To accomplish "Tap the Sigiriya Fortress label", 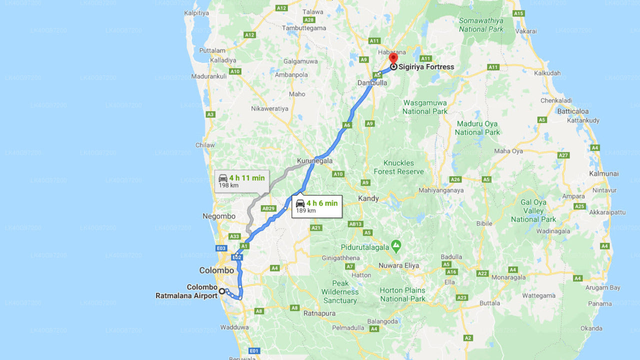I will coord(426,66).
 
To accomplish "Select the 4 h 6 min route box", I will coord(317,206).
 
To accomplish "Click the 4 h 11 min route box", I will coord(242,181).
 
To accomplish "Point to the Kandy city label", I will coord(368,198).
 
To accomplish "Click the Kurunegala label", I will coord(314,161).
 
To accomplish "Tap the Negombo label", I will coord(219,216).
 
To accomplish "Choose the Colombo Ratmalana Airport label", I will coord(186,291).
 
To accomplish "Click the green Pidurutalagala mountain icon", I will coord(396,245).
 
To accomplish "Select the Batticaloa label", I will coord(573,111).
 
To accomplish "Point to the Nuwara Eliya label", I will coord(398,265).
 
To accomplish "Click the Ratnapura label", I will coord(319,313).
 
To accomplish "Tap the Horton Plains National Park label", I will coord(402,294).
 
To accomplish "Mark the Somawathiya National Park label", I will coord(481,25).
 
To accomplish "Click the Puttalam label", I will coord(212,50).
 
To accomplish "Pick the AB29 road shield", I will coord(268,208).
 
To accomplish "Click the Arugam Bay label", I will coord(602,287).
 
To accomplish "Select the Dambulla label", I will coord(372,83).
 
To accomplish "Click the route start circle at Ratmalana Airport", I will coord(221,291).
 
